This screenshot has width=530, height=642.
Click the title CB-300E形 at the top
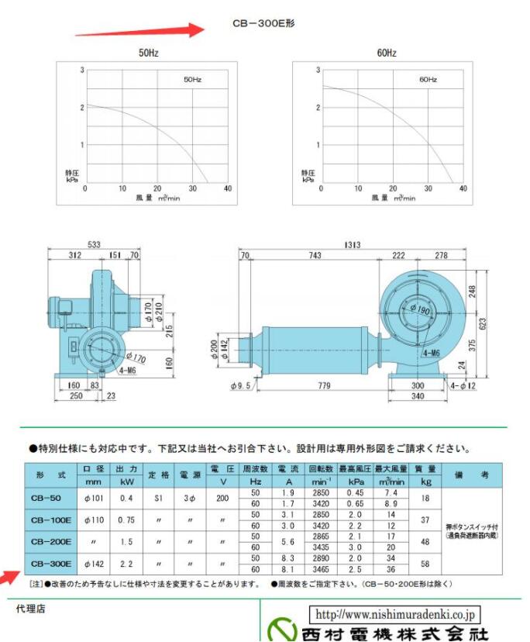tap(263, 24)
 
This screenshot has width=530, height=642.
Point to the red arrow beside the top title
tap(139, 31)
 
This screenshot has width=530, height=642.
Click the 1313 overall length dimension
tap(353, 245)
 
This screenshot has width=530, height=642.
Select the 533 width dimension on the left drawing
tap(94, 245)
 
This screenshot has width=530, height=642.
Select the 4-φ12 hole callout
tap(464, 385)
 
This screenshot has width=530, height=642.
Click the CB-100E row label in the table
tap(51, 519)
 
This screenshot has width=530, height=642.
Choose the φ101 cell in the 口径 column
tap(93, 497)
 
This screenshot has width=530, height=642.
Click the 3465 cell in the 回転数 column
tap(319, 568)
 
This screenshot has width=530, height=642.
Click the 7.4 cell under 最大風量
tap(391, 492)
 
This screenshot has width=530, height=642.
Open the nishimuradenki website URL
tap(395, 613)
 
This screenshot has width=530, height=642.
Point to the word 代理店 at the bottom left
tap(30, 609)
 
